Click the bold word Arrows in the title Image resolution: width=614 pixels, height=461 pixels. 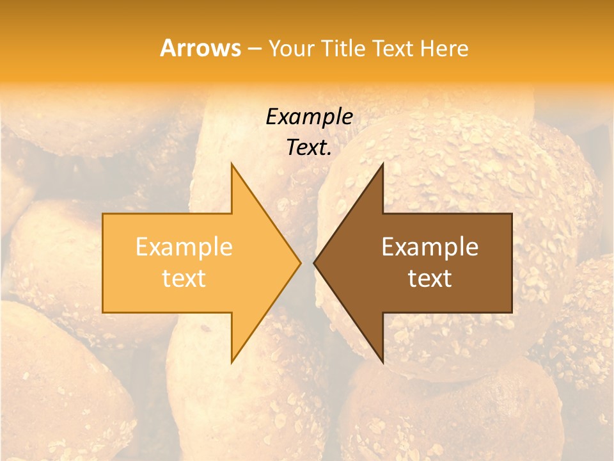coord(200,48)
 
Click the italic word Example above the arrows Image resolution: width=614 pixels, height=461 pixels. coord(309,117)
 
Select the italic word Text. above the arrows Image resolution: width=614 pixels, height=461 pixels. coord(309,148)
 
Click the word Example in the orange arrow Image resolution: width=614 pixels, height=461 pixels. coord(184,247)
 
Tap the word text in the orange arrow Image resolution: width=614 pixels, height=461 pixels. coord(184,279)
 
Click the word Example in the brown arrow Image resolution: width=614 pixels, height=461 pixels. coord(430,247)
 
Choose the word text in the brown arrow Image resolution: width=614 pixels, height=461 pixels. coord(430,279)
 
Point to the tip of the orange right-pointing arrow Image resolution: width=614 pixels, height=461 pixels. coord(301,263)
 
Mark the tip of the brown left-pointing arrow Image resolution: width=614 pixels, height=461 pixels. coord(313,263)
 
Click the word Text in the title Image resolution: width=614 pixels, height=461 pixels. coord(392,49)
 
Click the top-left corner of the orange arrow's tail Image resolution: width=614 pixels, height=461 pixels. coord(103,214)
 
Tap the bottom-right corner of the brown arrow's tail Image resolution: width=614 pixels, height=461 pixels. coord(512,312)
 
